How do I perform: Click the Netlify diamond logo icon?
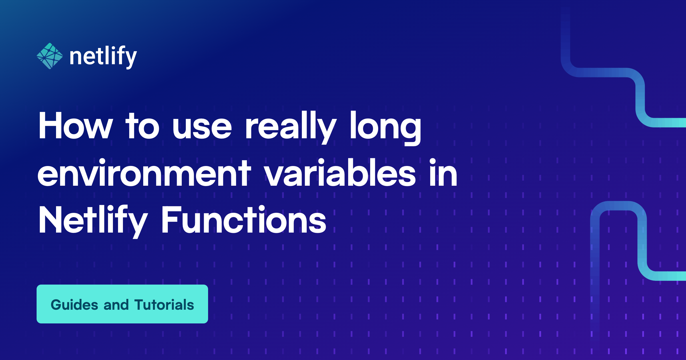tap(50, 56)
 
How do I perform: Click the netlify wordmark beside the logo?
tap(103, 57)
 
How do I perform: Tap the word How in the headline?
tap(76, 126)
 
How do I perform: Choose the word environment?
tap(144, 173)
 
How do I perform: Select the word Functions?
tap(244, 219)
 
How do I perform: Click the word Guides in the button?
tap(75, 305)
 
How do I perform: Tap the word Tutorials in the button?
tap(164, 305)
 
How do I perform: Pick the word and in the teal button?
tap(116, 305)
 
